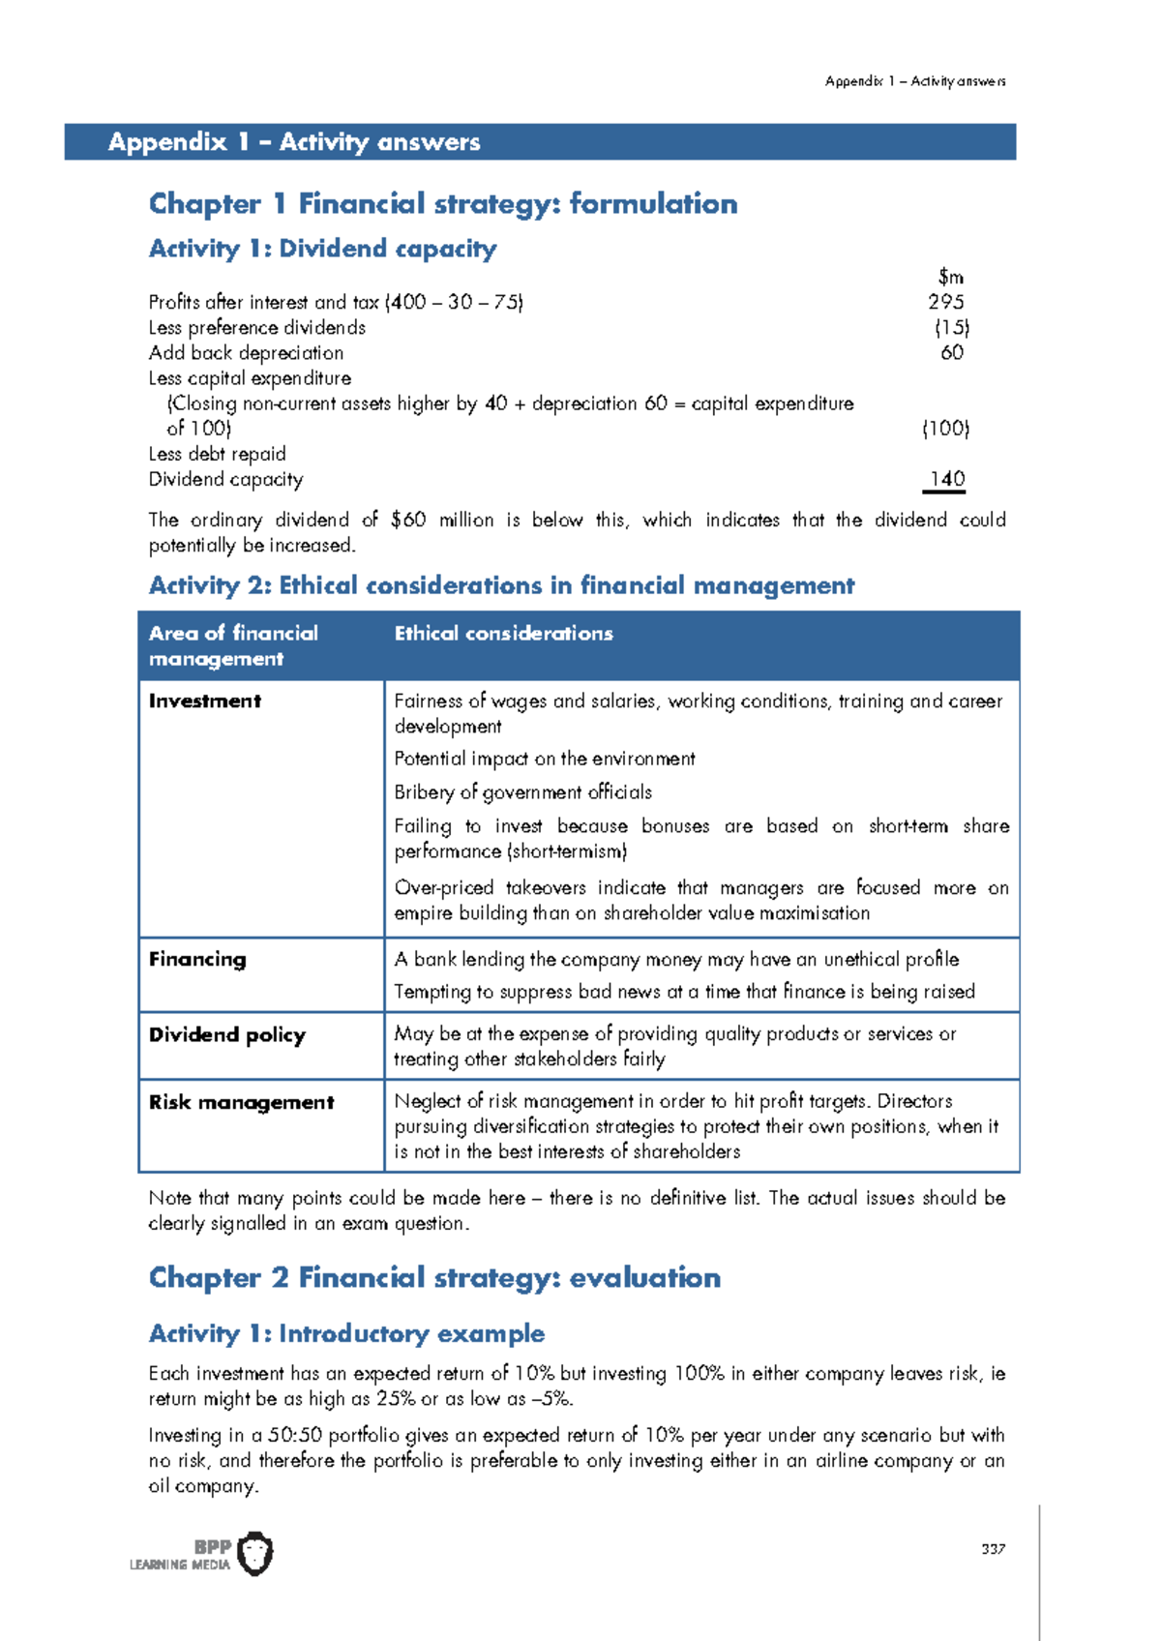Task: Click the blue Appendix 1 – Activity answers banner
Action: click(540, 141)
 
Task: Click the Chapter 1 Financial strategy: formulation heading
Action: click(443, 203)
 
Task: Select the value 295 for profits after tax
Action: click(945, 302)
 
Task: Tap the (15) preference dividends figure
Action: click(952, 327)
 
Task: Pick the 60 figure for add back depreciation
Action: click(952, 352)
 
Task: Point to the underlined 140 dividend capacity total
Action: click(946, 479)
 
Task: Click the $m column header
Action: click(950, 277)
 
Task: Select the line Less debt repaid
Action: click(218, 454)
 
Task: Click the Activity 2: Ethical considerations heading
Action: click(501, 585)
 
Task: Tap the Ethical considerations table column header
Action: click(503, 634)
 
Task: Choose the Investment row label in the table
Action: click(205, 701)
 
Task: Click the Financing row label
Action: click(197, 960)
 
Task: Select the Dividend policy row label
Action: click(227, 1034)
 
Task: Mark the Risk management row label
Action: click(242, 1102)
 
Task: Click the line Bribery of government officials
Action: click(522, 792)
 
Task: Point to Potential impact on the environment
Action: click(545, 759)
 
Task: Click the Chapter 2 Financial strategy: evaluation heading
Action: click(434, 1277)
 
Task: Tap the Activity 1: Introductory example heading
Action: click(346, 1333)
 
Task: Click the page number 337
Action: click(993, 1549)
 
